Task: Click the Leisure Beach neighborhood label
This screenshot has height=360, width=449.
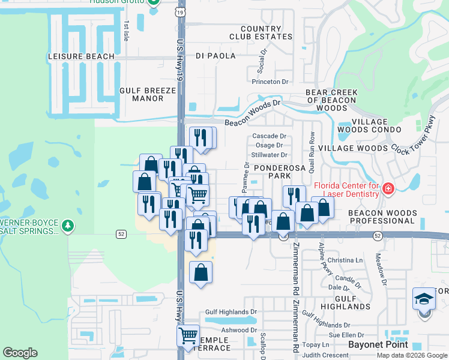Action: [x=80, y=56]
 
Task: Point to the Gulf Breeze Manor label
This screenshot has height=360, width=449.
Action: [x=148, y=94]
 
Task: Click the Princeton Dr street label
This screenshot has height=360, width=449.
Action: [x=270, y=82]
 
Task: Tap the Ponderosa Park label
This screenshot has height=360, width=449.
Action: [x=280, y=172]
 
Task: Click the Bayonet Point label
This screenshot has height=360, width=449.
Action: [x=379, y=344]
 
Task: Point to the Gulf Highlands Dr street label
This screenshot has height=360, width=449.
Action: [x=231, y=312]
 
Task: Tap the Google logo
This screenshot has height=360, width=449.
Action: [x=20, y=353]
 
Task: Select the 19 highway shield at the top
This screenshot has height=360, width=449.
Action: [x=181, y=11]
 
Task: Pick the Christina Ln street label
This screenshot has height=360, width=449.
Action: [x=346, y=260]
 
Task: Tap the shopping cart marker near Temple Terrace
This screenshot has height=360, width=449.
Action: [x=188, y=335]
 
